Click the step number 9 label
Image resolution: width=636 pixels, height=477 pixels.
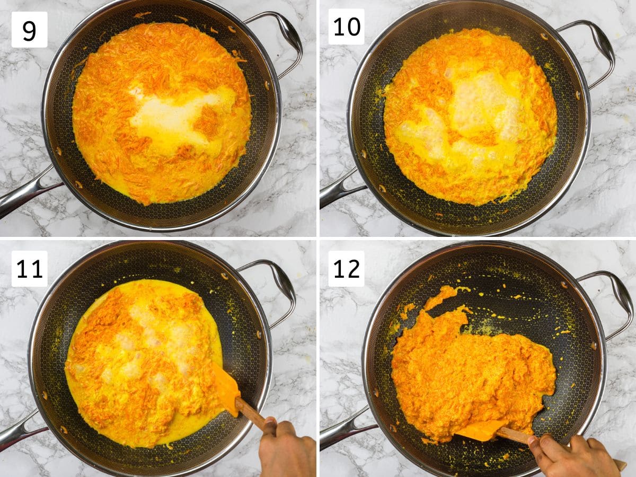pyautogui.click(x=29, y=30)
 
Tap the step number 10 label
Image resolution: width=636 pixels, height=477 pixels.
pyautogui.click(x=346, y=26)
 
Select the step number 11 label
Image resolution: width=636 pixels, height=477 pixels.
pyautogui.click(x=29, y=269)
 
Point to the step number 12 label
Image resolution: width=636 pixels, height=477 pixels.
pyautogui.click(x=346, y=269)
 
